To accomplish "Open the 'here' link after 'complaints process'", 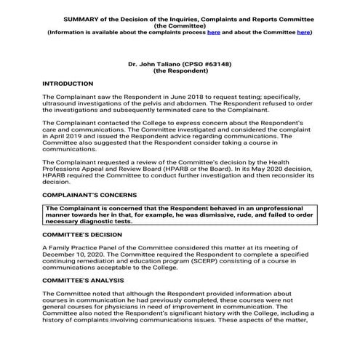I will (x=214, y=33).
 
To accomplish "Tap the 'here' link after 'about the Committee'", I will (x=303, y=33).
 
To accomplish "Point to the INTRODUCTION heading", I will (x=68, y=84).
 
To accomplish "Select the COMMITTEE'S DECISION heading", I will (x=86, y=236).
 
